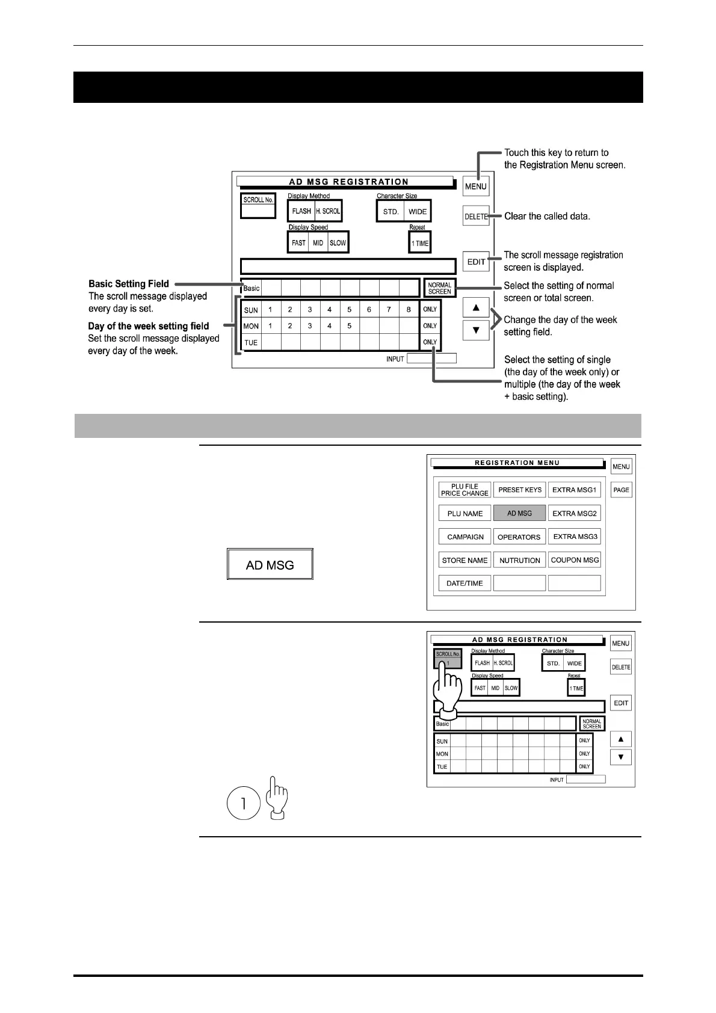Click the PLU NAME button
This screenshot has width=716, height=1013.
click(x=464, y=513)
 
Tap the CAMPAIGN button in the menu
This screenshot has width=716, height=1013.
click(x=464, y=537)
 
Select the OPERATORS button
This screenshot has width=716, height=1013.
click(x=519, y=537)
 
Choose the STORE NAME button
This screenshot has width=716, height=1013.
click(x=464, y=560)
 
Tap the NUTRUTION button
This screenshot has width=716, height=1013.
click(x=519, y=560)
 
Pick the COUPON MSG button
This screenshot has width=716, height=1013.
click(x=575, y=559)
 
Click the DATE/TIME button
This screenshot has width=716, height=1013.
click(x=464, y=583)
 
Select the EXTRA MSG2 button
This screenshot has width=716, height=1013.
click(x=575, y=513)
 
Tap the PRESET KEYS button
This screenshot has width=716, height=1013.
click(x=519, y=490)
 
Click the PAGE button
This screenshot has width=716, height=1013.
click(x=621, y=490)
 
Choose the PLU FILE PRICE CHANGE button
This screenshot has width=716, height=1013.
click(x=464, y=490)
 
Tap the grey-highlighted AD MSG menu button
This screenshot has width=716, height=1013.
click(x=519, y=513)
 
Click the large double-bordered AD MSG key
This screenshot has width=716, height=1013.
click(x=270, y=565)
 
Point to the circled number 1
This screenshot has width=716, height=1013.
click(x=243, y=803)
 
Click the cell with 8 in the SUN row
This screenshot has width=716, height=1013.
click(x=409, y=310)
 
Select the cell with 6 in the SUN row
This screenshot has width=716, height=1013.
click(x=369, y=310)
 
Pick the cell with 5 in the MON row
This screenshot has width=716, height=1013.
click(x=349, y=326)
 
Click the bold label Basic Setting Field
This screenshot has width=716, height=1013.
click(x=129, y=283)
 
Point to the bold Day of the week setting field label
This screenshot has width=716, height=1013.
click(x=149, y=326)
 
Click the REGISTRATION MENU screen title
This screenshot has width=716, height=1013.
click(x=517, y=463)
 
